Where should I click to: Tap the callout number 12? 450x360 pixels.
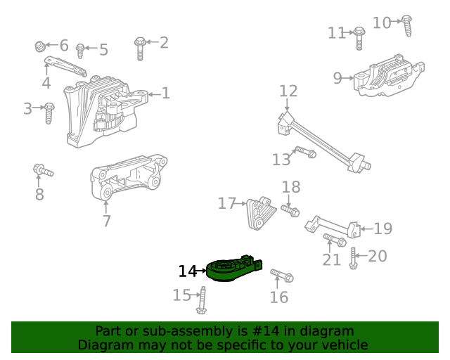tap(288, 91)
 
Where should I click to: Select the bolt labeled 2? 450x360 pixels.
tap(139, 48)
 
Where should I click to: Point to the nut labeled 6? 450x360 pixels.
tap(41, 46)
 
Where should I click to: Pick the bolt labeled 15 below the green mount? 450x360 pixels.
tap(202, 300)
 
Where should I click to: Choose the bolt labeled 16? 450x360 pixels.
tap(281, 275)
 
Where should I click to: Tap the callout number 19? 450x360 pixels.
tap(382, 229)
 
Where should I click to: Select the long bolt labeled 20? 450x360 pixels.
tap(354, 258)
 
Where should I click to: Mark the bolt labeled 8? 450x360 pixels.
tap(42, 170)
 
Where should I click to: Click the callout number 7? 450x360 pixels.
tap(106, 221)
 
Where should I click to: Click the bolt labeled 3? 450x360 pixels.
tap(49, 112)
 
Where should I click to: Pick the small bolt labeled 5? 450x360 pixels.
tap(81, 51)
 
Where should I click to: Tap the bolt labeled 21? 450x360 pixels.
tap(334, 241)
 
